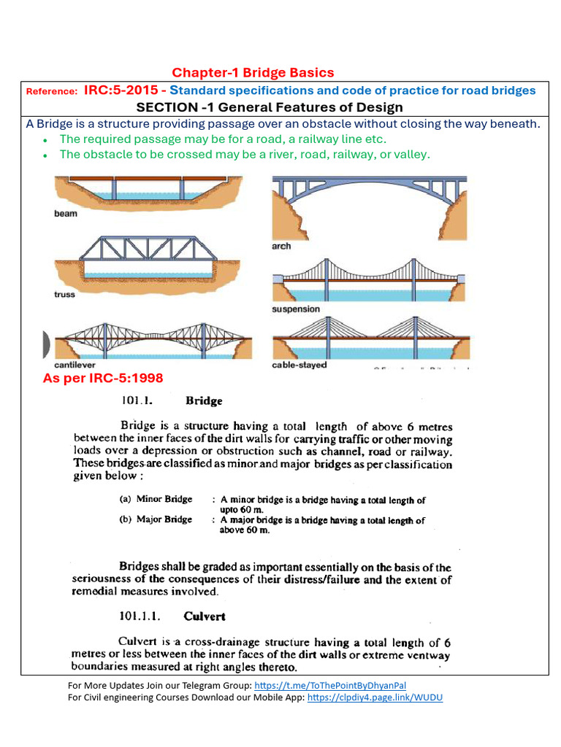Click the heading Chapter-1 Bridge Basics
pos(253,72)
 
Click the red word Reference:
pos(51,91)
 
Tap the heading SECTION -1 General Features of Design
pos(280,107)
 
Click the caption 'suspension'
pos(295,309)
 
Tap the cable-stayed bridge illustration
pos(370,339)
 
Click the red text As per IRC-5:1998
pos(103,378)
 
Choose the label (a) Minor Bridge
pos(156,500)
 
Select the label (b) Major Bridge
pos(156,519)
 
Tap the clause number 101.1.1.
pos(144,616)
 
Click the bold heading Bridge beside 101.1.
pos(204,401)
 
